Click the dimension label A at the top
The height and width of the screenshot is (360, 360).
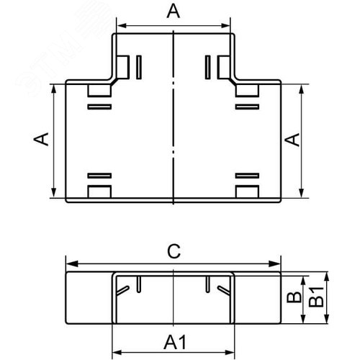click(173, 11)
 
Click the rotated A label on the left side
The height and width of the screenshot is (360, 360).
click(42, 139)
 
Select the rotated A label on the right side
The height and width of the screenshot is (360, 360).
click(293, 139)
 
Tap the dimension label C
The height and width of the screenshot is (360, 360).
click(173, 251)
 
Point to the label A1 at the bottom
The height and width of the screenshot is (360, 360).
click(173, 339)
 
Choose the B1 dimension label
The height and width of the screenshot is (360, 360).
click(315, 297)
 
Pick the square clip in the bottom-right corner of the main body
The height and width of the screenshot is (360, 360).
click(247, 192)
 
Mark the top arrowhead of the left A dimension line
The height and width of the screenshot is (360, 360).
click(53, 89)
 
